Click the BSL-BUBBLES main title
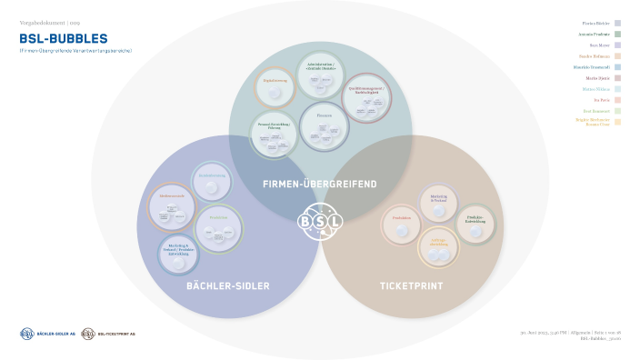(x=63, y=39)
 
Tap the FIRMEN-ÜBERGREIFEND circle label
(x=319, y=185)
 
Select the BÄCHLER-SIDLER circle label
(x=227, y=286)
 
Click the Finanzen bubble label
(x=324, y=115)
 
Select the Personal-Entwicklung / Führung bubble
(x=275, y=135)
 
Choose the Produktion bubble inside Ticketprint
(x=402, y=223)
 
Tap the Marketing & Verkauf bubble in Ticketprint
(x=438, y=202)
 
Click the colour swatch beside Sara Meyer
(x=617, y=45)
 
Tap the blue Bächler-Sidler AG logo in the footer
(x=46, y=334)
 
